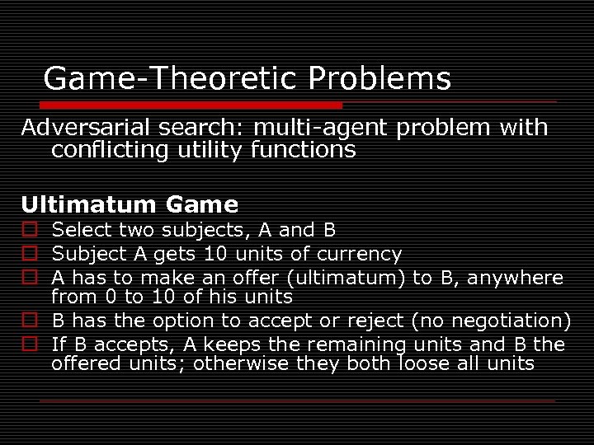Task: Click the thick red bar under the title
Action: (x=182, y=105)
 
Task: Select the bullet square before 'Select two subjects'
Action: (x=30, y=230)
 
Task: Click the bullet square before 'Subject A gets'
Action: (x=30, y=254)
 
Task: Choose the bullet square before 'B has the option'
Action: (x=30, y=320)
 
